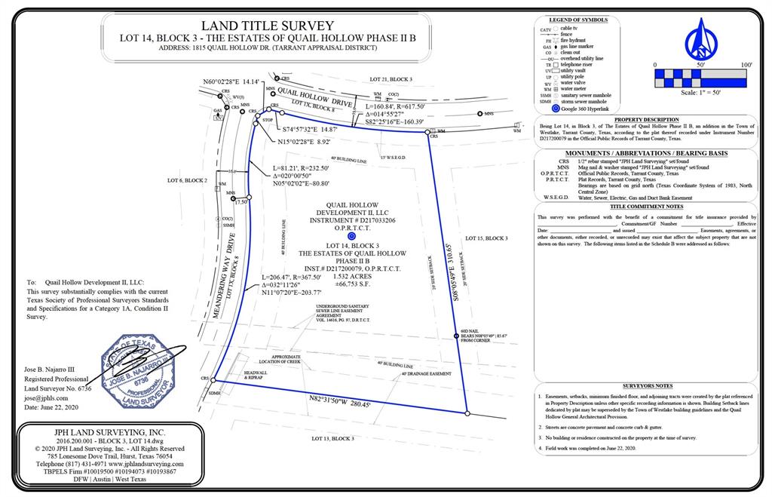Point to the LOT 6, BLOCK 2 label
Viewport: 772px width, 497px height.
tap(187, 181)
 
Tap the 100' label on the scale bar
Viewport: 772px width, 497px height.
tap(746, 66)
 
